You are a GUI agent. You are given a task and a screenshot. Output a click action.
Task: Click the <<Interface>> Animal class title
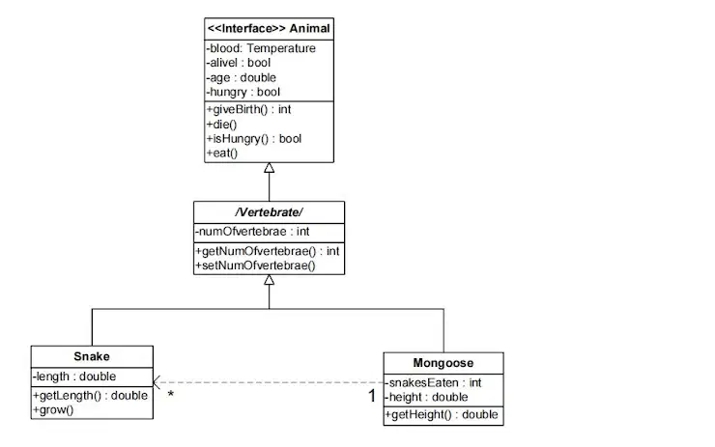click(269, 29)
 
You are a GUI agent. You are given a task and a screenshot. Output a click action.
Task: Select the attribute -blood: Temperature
click(261, 48)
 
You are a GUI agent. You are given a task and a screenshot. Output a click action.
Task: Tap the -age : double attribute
click(242, 77)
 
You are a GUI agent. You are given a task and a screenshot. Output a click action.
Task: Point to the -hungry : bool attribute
click(243, 92)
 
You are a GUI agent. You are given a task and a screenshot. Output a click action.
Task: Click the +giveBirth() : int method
click(248, 109)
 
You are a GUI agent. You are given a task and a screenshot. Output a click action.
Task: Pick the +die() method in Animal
click(221, 125)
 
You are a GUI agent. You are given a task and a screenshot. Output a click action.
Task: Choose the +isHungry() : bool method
click(254, 138)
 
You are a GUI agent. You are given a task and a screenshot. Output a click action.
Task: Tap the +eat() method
click(222, 154)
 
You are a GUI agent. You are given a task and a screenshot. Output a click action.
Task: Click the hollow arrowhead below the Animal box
click(269, 168)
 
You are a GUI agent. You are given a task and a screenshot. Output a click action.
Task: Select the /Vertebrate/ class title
click(269, 212)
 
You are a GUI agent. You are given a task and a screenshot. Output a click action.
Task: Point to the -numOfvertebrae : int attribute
click(252, 232)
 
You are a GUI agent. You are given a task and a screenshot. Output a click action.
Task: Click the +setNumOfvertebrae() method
click(255, 265)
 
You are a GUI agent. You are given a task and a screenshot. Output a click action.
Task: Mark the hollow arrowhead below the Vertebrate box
click(269, 280)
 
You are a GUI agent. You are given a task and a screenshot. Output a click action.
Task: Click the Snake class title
click(92, 356)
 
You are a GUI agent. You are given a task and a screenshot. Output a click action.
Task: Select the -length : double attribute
click(74, 377)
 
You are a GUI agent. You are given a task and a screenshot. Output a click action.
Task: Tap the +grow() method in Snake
click(53, 410)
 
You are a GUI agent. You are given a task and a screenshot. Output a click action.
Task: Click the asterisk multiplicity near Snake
click(171, 394)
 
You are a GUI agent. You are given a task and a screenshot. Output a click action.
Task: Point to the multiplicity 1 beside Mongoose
click(372, 396)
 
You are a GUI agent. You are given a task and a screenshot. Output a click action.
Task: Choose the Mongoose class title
click(443, 363)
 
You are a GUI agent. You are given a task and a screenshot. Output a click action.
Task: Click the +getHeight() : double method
click(442, 414)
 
